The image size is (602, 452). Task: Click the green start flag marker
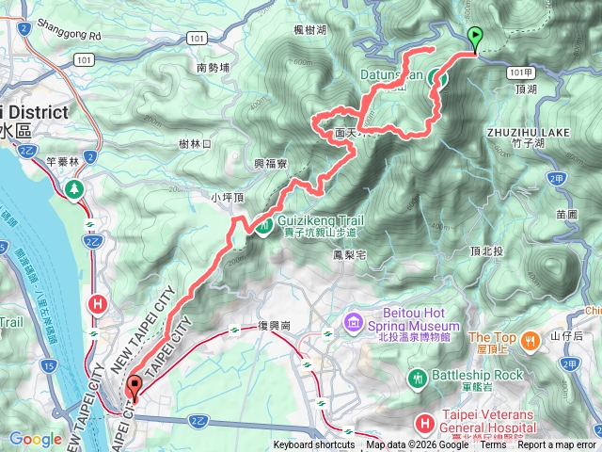(x=475, y=39)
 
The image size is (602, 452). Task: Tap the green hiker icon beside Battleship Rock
(x=418, y=378)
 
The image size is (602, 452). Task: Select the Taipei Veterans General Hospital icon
(x=424, y=424)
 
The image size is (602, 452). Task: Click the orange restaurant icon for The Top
(x=531, y=339)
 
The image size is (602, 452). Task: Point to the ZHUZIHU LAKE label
(x=529, y=133)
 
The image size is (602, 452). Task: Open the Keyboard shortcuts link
(x=314, y=445)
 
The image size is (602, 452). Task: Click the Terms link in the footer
(x=493, y=445)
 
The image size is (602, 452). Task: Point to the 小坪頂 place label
(x=228, y=198)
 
